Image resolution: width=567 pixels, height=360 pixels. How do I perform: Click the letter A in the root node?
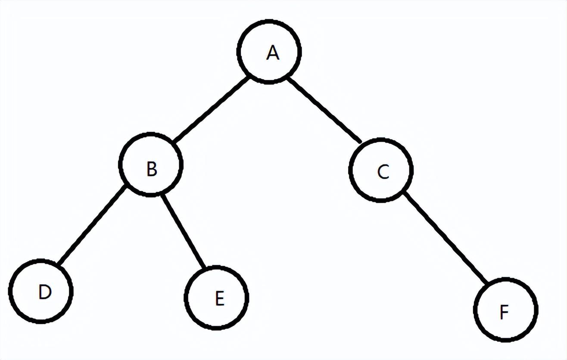272,53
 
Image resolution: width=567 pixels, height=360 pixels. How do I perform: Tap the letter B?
151,169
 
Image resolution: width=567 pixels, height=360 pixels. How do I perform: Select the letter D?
44,292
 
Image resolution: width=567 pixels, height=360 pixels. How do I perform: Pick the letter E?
219,298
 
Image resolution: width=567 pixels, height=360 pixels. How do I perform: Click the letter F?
504,312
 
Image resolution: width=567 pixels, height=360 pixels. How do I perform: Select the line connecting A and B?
211,110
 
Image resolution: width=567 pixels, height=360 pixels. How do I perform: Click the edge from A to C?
324,110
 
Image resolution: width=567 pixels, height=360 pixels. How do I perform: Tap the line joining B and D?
92,226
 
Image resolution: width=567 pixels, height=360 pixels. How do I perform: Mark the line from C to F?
445,238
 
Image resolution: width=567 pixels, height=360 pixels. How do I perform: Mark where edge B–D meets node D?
59,264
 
